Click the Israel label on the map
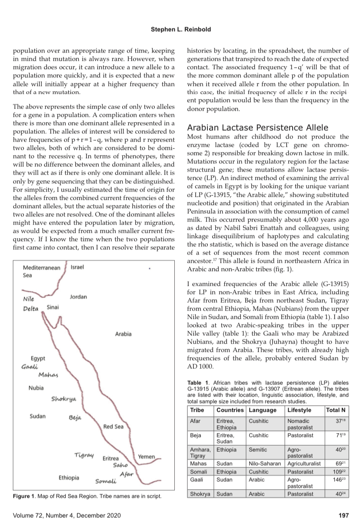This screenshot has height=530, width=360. pos(77,267)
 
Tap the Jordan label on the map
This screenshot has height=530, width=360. pos(78,297)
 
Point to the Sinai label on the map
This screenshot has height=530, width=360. pos(53,307)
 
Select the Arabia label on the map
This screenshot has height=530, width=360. pos(123,334)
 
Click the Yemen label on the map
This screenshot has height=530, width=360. pos(147,457)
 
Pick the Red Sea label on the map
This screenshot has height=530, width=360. pos(113,427)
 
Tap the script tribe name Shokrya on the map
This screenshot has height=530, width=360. pos(63,398)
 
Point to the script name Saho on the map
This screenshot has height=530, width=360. pos(120,465)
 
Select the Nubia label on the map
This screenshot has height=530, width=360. pos(36,387)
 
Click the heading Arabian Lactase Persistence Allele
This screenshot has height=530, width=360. pos(257,128)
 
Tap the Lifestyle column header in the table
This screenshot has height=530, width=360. pos(300,410)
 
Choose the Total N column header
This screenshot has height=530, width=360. pos(336,410)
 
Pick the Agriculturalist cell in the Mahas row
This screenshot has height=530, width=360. pos(304,464)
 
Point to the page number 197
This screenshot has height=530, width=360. pos(343,516)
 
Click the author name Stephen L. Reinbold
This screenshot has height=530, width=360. pos(180,30)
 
